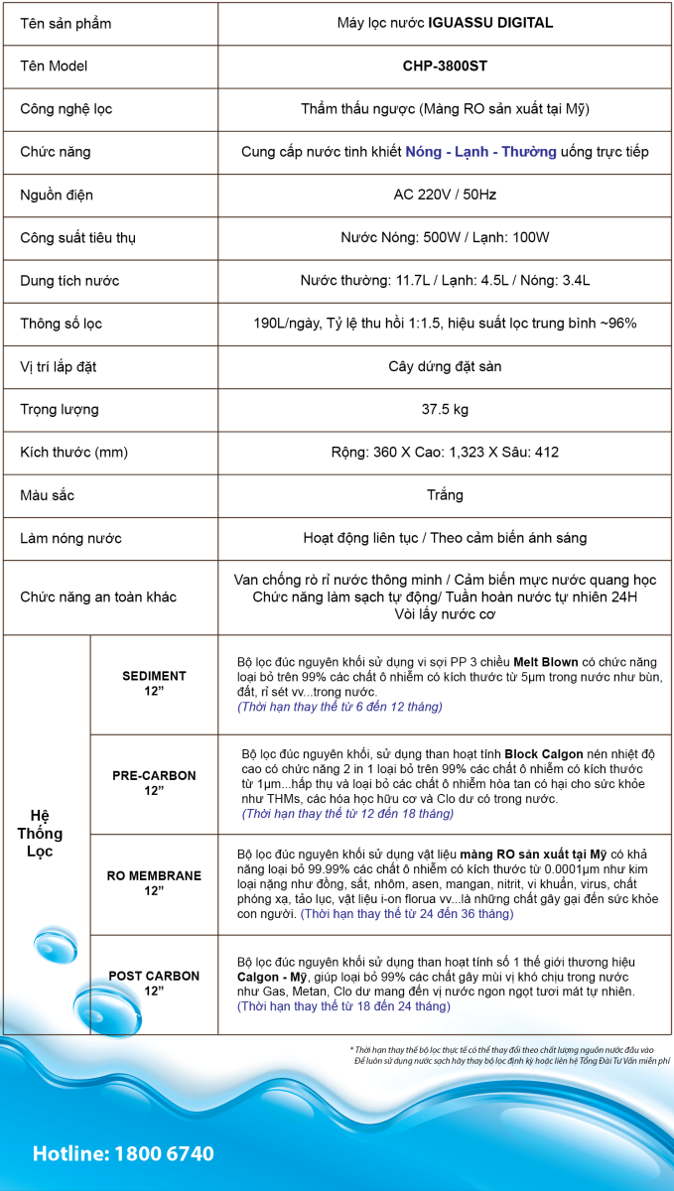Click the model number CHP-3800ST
(445, 66)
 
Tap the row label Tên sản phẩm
(66, 24)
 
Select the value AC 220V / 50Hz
(445, 195)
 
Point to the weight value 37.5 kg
(445, 409)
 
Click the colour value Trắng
(445, 494)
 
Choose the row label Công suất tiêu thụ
(77, 238)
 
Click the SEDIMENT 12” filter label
(154, 684)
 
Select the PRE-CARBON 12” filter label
(154, 783)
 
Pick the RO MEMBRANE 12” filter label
(154, 883)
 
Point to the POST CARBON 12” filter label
(154, 984)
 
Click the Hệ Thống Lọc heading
(40, 834)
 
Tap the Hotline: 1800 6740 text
(123, 1153)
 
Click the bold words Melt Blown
(546, 662)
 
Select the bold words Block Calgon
(549, 754)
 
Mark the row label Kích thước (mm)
(74, 453)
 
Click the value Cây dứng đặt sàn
(445, 366)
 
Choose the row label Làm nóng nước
(71, 538)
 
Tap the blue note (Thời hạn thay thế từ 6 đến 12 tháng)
(339, 707)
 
